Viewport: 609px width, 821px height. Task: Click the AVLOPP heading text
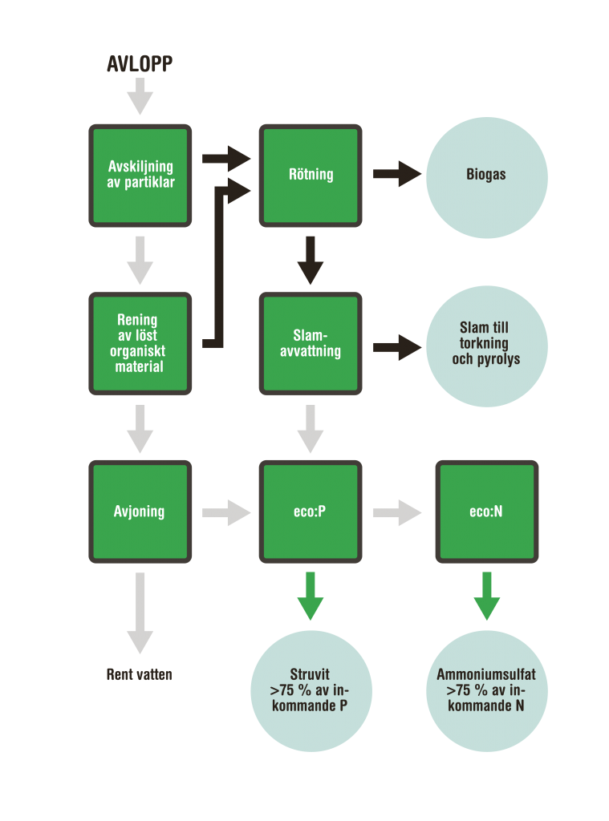[140, 65]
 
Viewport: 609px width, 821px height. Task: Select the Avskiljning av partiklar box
[140, 175]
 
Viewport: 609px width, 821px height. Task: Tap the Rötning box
[311, 175]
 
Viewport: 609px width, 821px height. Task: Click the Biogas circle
[486, 176]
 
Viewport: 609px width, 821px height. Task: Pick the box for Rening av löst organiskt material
[140, 343]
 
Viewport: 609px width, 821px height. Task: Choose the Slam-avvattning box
[311, 343]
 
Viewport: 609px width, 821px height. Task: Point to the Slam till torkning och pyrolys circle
[486, 344]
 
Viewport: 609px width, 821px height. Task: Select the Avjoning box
[140, 512]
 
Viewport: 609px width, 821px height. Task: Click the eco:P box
[311, 512]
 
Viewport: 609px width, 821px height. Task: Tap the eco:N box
[486, 512]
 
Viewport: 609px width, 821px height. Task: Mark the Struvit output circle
[311, 690]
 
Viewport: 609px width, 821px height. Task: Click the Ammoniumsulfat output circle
[486, 690]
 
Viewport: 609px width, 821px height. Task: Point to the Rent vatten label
[140, 675]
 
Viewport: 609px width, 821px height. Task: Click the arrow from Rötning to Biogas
[396, 174]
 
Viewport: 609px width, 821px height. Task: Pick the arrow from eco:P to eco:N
[396, 512]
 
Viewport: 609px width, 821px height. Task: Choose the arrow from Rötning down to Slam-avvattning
[311, 261]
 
